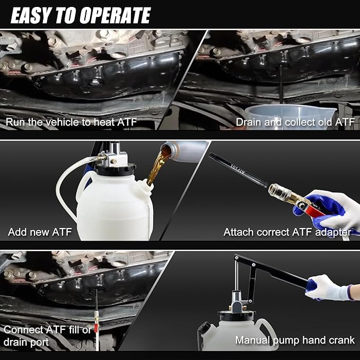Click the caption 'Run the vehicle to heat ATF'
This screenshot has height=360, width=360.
[71, 122]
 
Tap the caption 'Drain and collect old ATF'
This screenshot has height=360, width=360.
[295, 122]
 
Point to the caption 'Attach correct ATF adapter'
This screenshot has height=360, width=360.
[287, 232]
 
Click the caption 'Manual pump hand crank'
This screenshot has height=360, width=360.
[295, 340]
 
